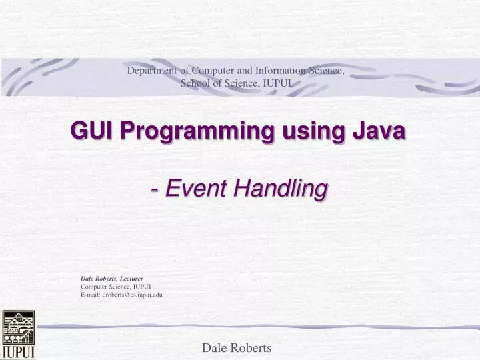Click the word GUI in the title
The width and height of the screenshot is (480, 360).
click(x=91, y=132)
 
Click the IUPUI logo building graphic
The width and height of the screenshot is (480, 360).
click(x=17, y=327)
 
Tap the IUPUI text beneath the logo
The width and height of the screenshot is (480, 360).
click(x=18, y=351)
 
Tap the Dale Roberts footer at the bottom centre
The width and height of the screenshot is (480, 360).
click(x=236, y=347)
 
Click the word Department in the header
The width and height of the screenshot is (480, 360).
click(x=153, y=70)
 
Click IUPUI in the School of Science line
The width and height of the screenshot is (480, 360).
click(x=279, y=83)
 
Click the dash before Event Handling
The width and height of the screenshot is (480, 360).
click(x=155, y=189)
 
